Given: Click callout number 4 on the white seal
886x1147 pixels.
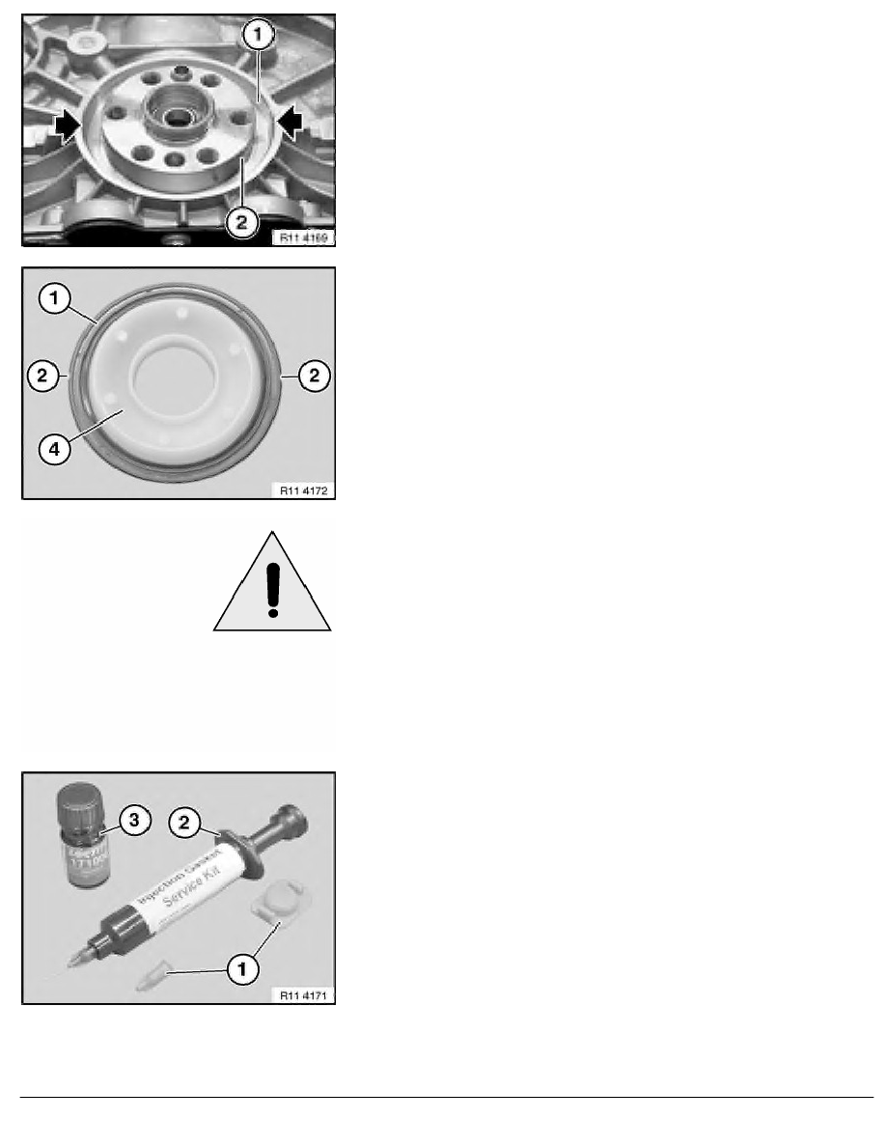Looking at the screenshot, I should [56, 449].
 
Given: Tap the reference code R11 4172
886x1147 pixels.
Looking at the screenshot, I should [304, 489].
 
